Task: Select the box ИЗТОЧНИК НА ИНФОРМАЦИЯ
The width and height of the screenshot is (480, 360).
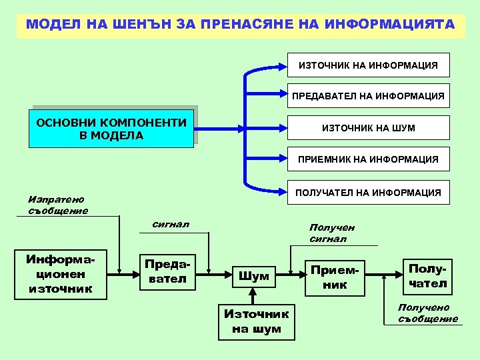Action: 368,65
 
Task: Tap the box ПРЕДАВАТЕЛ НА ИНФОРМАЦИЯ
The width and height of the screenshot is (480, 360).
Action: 368,96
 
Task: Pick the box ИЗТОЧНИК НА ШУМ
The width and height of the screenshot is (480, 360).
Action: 368,128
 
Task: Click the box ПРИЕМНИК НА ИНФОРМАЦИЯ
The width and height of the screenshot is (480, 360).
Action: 368,159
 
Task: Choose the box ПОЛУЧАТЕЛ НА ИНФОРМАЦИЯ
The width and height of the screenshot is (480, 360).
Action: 368,193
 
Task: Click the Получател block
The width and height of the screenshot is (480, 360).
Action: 427,276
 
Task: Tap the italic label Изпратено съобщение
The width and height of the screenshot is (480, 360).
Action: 58,205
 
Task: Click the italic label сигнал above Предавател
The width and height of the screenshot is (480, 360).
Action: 171,224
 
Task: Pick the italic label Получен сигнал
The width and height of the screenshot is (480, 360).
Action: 332,233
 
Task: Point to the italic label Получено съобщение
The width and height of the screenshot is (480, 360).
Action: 428,313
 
